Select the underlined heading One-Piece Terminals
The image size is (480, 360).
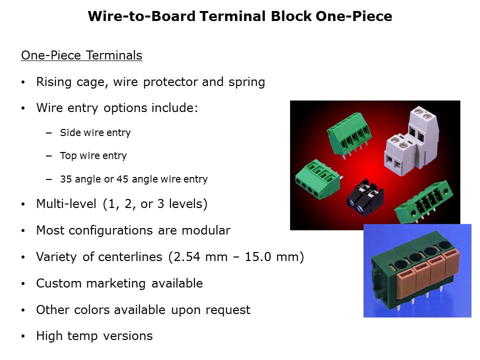[81, 55]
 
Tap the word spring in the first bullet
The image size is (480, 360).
[246, 82]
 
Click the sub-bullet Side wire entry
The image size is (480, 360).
[95, 132]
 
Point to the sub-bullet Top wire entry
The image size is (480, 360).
[93, 156]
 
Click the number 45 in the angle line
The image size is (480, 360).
[122, 179]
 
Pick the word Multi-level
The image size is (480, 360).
[66, 204]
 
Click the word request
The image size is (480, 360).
[228, 310]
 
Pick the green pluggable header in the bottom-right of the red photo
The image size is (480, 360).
[423, 201]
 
